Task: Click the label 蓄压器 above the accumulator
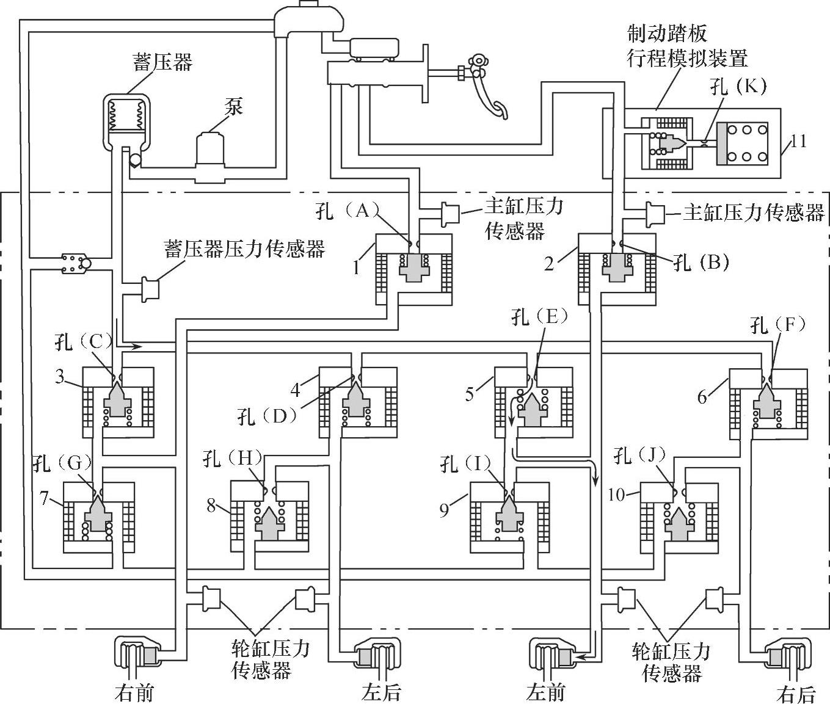[x=162, y=62]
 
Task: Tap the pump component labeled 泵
[x=209, y=153]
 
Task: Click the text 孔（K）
[x=738, y=86]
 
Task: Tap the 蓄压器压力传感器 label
[x=244, y=249]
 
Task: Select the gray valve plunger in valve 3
[x=117, y=399]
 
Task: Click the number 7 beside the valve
[x=44, y=498]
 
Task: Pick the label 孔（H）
[x=233, y=458]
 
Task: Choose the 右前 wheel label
[x=134, y=692]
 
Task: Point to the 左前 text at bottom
[x=545, y=692]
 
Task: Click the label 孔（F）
[x=777, y=325]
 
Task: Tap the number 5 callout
[x=470, y=394]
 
